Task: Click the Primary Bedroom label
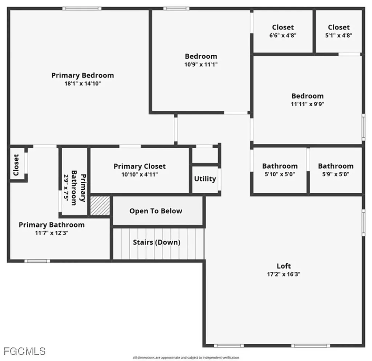[82, 75]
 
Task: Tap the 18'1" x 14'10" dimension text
[82, 83]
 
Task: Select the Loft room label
[284, 266]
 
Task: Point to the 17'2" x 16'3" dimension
[284, 274]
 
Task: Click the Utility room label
[205, 179]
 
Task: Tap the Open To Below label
[156, 211]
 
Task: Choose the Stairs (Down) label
[156, 242]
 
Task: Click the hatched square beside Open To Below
[100, 206]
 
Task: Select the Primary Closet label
[139, 166]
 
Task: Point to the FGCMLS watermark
[25, 351]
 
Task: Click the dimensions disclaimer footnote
[186, 357]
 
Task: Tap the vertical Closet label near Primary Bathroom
[16, 165]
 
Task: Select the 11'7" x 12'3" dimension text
[52, 233]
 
